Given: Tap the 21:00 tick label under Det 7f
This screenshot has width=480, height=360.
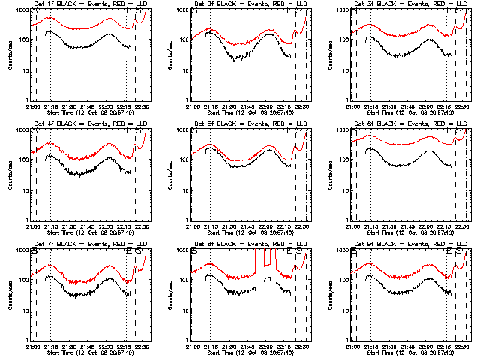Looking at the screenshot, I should pyautogui.click(x=31, y=346).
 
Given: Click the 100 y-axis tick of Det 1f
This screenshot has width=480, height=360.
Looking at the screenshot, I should pyautogui.click(x=22, y=39).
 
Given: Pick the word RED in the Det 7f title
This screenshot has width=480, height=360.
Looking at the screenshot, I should pyautogui.click(x=107, y=244).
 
